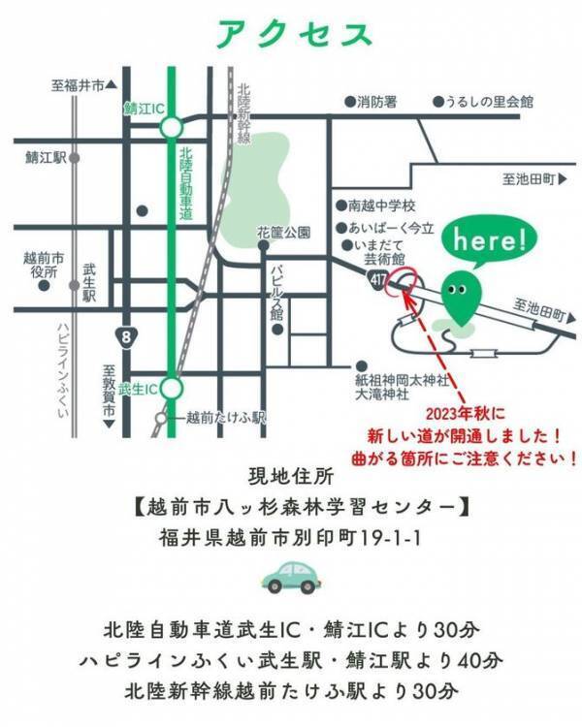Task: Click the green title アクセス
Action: click(x=294, y=34)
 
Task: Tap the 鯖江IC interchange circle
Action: click(x=172, y=126)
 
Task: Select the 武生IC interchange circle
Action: click(x=172, y=389)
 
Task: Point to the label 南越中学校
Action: click(x=381, y=205)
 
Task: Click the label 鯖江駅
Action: click(x=45, y=156)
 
